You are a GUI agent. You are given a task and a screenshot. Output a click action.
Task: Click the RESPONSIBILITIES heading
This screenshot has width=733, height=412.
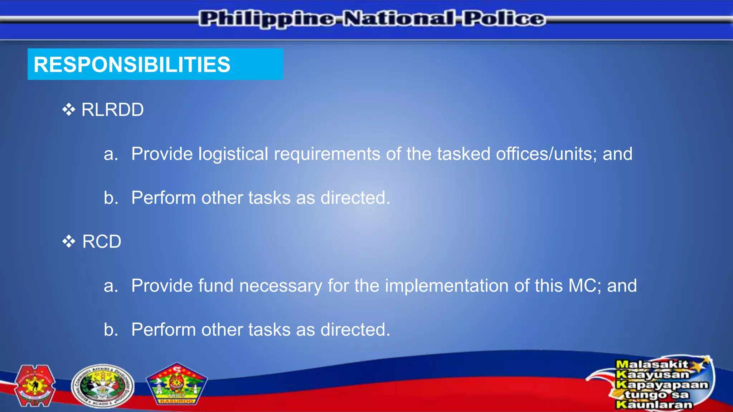click(132, 65)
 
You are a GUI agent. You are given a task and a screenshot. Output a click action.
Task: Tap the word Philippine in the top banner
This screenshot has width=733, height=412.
click(267, 19)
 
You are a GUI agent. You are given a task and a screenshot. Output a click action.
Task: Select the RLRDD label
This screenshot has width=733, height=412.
click(112, 110)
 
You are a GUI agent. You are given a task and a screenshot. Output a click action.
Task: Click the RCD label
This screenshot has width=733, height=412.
click(102, 242)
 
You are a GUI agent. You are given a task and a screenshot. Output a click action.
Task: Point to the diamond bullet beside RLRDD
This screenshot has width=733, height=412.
click(68, 110)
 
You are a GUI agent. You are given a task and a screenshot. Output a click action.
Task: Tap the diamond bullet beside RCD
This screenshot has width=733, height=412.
click(68, 242)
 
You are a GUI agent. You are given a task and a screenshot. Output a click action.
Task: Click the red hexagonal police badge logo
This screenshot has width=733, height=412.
click(35, 386)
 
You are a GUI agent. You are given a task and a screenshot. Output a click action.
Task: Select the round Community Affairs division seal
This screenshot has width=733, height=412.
click(102, 386)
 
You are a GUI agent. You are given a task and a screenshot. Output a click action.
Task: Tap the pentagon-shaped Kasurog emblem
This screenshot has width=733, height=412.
click(176, 385)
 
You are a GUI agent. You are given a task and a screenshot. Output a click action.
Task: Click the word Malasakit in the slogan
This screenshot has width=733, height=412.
click(652, 364)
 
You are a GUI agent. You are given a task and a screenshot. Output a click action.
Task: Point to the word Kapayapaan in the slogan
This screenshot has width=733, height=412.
click(662, 385)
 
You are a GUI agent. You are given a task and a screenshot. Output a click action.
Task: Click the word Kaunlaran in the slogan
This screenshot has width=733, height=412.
click(654, 405)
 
